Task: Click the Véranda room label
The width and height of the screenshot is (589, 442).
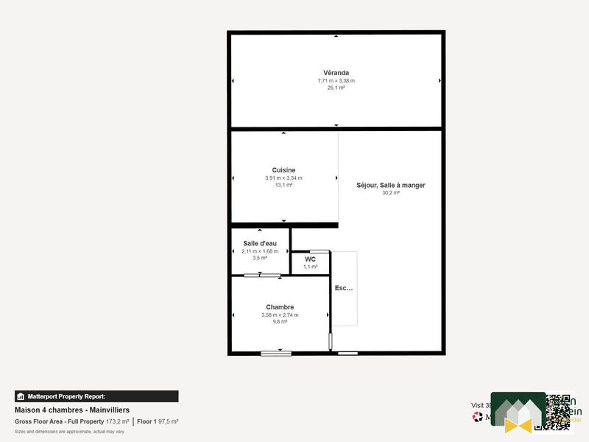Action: point(336,72)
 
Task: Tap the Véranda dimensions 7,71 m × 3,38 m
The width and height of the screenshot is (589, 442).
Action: point(336,80)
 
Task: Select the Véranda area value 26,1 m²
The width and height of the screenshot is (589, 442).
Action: point(336,88)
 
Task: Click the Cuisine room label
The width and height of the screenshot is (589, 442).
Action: point(283,170)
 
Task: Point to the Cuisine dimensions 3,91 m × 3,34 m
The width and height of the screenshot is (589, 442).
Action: point(283,178)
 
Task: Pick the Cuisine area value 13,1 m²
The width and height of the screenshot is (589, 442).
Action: point(283,186)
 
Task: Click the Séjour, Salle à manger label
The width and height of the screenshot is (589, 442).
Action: point(390,185)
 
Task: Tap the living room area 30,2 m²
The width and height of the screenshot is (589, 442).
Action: point(390,193)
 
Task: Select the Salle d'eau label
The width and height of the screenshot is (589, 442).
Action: point(260,243)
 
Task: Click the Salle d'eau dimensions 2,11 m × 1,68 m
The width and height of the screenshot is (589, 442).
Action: point(260,251)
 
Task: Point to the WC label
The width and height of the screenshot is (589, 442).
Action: point(310,259)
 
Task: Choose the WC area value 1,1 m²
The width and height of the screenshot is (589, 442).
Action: point(310,267)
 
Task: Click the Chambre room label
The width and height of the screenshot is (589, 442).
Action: point(280,307)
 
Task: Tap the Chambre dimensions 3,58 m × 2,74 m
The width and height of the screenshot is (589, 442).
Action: point(280,315)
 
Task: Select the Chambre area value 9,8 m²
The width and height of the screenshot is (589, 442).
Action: point(280,323)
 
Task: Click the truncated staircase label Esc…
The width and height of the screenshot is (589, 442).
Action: point(344,288)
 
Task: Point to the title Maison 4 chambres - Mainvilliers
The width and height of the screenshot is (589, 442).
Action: point(72,410)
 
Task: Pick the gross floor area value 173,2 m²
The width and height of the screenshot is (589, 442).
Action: point(117,421)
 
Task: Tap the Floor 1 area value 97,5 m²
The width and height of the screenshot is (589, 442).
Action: point(168,421)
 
